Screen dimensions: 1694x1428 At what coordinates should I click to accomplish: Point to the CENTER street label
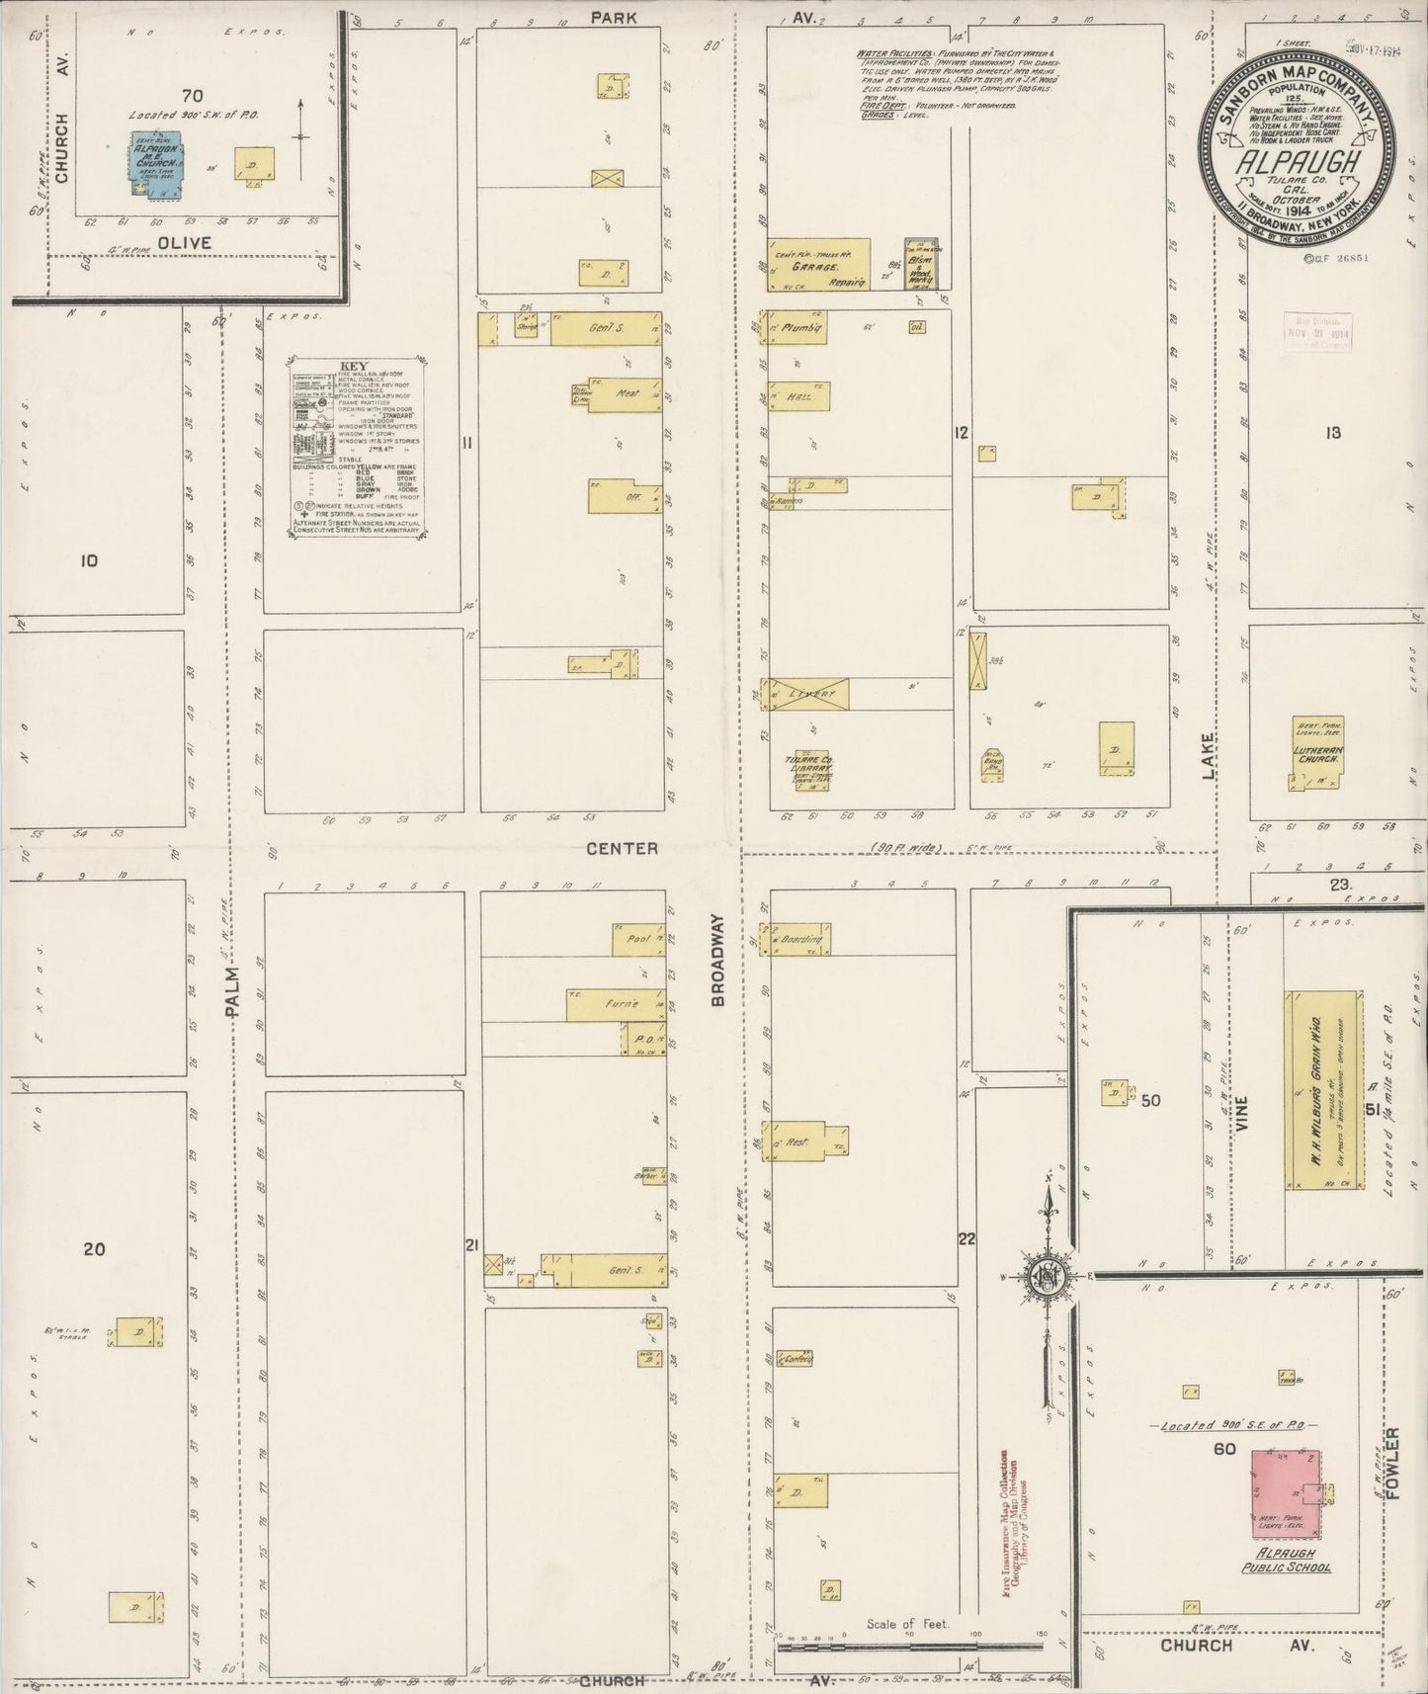pyautogui.click(x=621, y=848)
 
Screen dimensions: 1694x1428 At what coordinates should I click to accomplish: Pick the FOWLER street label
pyautogui.click(x=1394, y=1465)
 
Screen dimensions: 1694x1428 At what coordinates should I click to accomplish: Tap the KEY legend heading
pyautogui.click(x=353, y=366)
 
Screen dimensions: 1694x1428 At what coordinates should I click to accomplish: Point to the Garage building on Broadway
pyautogui.click(x=819, y=265)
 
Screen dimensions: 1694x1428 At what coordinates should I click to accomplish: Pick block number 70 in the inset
pyautogui.click(x=192, y=95)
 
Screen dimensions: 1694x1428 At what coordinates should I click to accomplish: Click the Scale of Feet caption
pyautogui.click(x=907, y=1624)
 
